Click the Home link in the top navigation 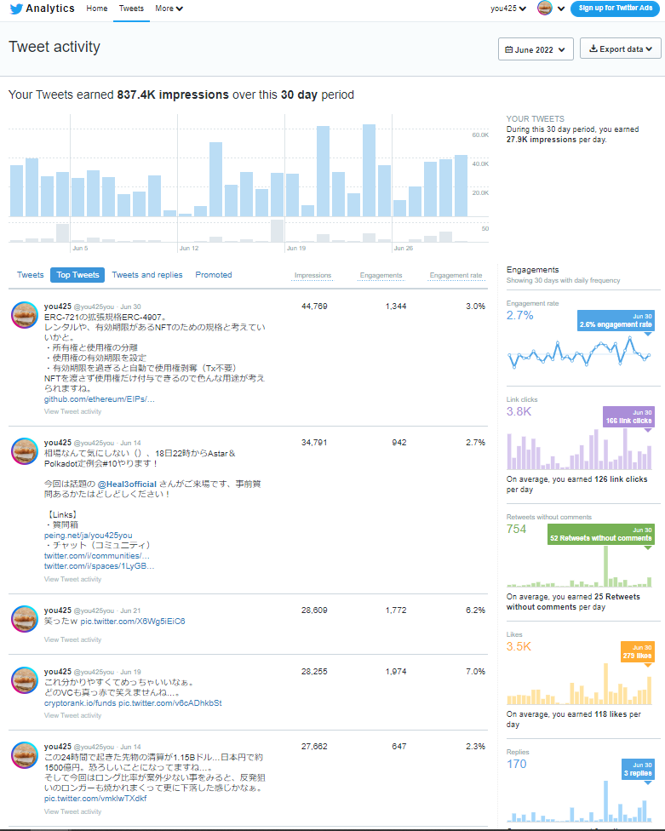click(x=97, y=9)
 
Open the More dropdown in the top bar click(x=169, y=9)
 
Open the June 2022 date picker click(x=536, y=49)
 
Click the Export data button click(x=621, y=49)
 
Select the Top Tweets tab click(x=77, y=275)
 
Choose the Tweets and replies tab click(x=147, y=275)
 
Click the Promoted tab click(x=214, y=275)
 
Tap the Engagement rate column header click(x=456, y=276)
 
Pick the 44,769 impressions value click(x=314, y=306)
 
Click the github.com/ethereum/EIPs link click(x=100, y=398)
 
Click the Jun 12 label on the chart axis click(x=188, y=249)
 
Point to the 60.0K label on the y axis click(x=480, y=135)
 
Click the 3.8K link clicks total click(x=519, y=411)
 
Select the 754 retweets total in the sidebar click(x=517, y=529)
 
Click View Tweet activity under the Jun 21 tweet click(x=72, y=639)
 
